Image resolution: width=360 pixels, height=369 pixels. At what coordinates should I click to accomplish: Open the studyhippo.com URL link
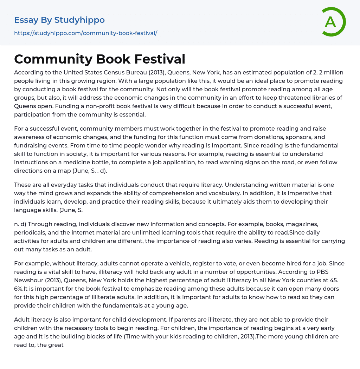pos(85,33)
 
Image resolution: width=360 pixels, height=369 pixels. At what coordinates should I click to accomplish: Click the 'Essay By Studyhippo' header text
pos(59,20)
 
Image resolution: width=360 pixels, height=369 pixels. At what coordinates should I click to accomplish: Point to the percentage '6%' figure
pos(20,289)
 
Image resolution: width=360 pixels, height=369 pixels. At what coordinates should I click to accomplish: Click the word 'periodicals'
pos(30,232)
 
